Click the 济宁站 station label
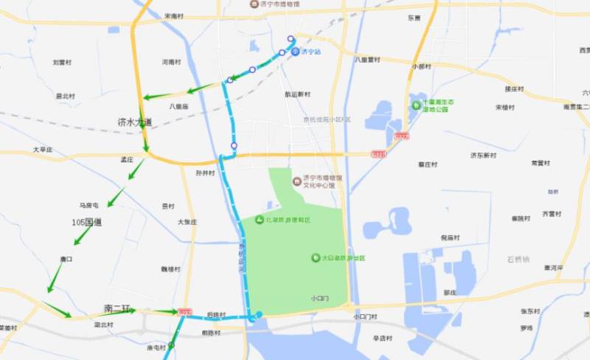(x=311, y=52)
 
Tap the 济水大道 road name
(x=134, y=122)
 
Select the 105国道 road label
(x=87, y=222)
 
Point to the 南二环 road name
(x=117, y=308)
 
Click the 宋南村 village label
(x=175, y=15)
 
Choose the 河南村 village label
(x=171, y=63)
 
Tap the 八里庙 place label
(x=179, y=106)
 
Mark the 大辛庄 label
(x=43, y=150)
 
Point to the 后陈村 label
(x=215, y=315)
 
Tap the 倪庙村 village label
(x=449, y=238)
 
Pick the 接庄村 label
(x=514, y=89)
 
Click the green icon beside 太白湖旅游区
(x=315, y=257)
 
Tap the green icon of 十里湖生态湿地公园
(x=416, y=105)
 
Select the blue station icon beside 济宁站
(x=295, y=52)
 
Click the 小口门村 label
(x=365, y=316)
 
